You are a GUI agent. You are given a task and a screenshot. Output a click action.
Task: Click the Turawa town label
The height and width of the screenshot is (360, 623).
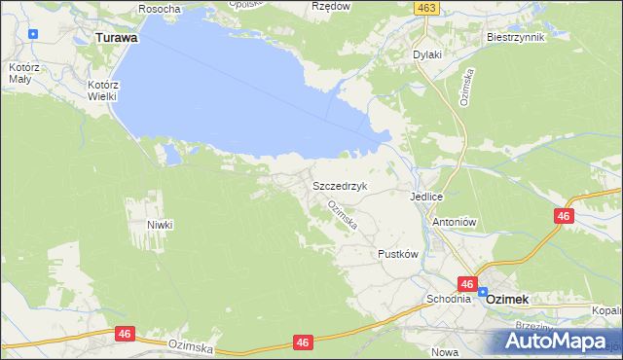pyautogui.click(x=116, y=37)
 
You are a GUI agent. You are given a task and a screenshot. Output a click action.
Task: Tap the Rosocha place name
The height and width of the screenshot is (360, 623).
pyautogui.click(x=160, y=8)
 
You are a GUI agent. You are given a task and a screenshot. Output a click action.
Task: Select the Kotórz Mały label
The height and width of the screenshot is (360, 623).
pyautogui.click(x=18, y=74)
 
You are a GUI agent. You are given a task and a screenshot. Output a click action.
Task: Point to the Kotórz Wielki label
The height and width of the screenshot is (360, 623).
pyautogui.click(x=102, y=90)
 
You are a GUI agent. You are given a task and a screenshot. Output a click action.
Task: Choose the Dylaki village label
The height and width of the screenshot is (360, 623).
pyautogui.click(x=427, y=54)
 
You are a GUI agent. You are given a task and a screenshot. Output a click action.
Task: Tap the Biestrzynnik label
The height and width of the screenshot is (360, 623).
pyautogui.click(x=515, y=36)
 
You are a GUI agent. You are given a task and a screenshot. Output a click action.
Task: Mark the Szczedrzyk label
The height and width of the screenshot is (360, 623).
pyautogui.click(x=339, y=185)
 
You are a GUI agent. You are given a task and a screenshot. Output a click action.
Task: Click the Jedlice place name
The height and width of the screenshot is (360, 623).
pyautogui.click(x=426, y=196)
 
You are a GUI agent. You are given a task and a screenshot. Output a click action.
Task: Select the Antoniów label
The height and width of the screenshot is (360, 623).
pyautogui.click(x=453, y=221)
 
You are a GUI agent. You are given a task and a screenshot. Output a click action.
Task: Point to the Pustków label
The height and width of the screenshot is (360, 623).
pyautogui.click(x=397, y=253)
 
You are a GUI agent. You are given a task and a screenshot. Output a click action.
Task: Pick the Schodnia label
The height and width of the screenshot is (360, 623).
pyautogui.click(x=447, y=299)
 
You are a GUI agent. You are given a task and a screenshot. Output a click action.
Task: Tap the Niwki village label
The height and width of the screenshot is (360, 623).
pyautogui.click(x=160, y=224)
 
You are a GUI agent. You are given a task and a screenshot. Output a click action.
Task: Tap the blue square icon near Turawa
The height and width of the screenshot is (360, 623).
pyautogui.click(x=34, y=34)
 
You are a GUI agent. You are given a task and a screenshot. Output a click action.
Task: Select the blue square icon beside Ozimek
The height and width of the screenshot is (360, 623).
pyautogui.click(x=483, y=292)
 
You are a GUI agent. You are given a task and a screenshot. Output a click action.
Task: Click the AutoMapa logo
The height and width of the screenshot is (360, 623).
pyautogui.click(x=559, y=340)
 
